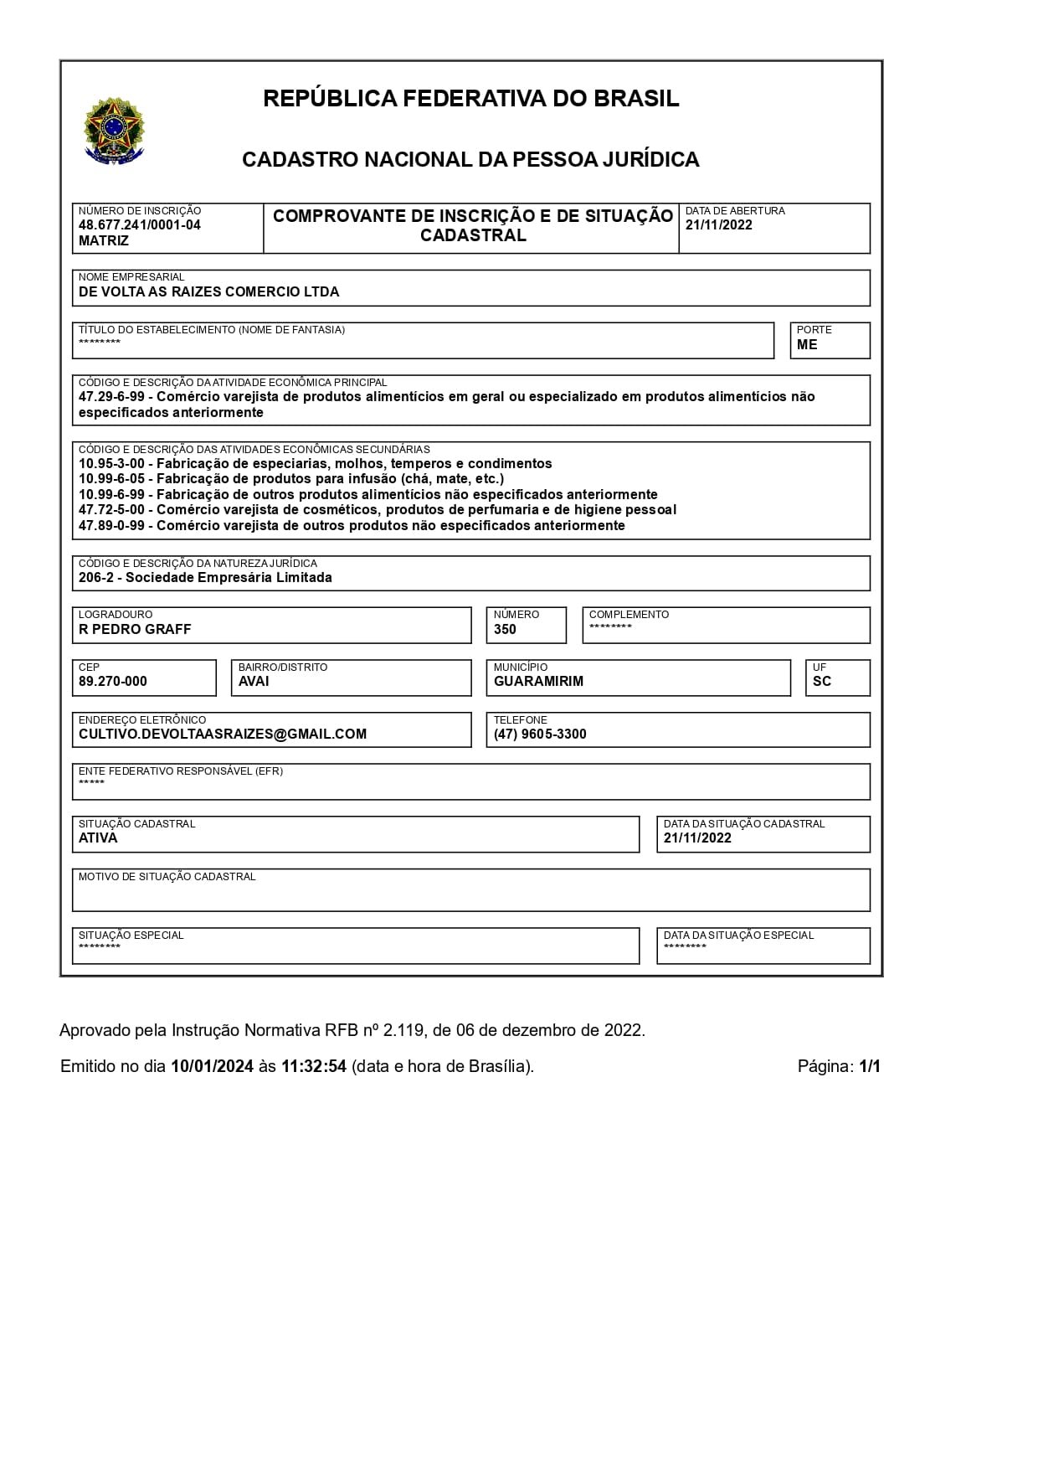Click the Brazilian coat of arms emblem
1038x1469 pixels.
click(114, 130)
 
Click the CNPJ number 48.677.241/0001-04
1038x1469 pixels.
click(140, 225)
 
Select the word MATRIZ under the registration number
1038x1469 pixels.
click(104, 241)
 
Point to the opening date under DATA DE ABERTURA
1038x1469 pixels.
click(718, 225)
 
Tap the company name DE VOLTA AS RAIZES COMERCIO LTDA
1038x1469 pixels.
click(209, 292)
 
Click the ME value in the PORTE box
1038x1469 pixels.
click(807, 345)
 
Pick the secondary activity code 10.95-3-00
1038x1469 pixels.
click(111, 464)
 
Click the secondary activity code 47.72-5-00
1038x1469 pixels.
click(111, 510)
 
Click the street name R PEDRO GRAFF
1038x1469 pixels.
click(135, 630)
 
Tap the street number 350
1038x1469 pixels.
click(505, 630)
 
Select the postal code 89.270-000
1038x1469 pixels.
click(113, 682)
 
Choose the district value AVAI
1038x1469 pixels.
click(254, 682)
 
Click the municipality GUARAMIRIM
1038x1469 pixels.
click(538, 682)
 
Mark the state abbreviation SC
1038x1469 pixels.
click(822, 682)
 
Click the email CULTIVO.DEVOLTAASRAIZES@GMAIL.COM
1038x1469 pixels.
click(223, 734)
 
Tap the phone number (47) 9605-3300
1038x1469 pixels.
click(540, 734)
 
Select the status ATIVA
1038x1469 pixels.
click(98, 838)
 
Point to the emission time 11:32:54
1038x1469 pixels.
click(313, 1067)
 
